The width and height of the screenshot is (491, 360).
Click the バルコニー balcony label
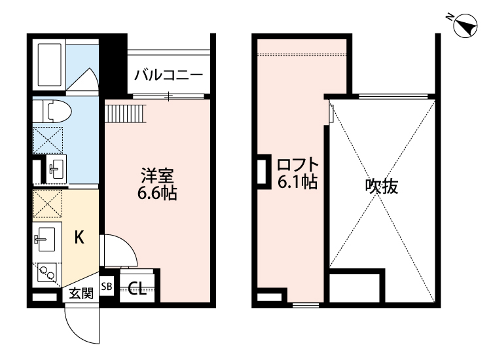(168, 74)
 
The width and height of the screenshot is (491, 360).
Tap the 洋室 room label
(157, 175)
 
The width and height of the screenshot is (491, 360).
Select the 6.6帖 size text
(157, 194)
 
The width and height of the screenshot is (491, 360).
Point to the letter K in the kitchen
(79, 238)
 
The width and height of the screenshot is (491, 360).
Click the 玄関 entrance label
(81, 293)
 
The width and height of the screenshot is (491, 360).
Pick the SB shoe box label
(107, 287)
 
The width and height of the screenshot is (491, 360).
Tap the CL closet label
(137, 288)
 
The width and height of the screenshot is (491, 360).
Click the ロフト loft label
(298, 164)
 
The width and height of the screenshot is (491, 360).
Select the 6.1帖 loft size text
(298, 183)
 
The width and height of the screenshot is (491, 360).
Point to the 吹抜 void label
(382, 187)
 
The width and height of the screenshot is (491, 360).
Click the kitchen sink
(46, 238)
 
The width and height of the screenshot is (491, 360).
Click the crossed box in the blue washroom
(48, 138)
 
